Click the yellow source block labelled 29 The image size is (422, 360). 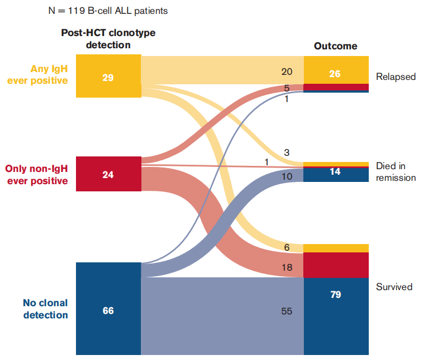pyautogui.click(x=108, y=77)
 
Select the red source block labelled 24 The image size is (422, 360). pyautogui.click(x=108, y=175)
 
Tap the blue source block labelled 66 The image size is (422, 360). pyautogui.click(x=108, y=310)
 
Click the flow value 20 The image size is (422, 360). pyautogui.click(x=287, y=71)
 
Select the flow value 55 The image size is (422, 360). pyautogui.click(x=287, y=312)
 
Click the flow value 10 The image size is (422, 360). pyautogui.click(x=287, y=176)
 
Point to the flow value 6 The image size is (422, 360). pyautogui.click(x=287, y=247)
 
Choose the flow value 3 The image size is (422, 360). pyautogui.click(x=287, y=152)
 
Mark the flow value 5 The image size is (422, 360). pyautogui.click(x=287, y=88)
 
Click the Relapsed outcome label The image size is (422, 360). pyautogui.click(x=395, y=77)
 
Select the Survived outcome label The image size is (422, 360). pyautogui.click(x=394, y=287)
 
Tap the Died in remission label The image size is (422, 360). pyautogui.click(x=395, y=172)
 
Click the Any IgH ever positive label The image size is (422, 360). pyautogui.click(x=38, y=75)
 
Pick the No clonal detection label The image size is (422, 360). pyautogui.click(x=45, y=309)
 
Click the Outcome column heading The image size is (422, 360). pyautogui.click(x=335, y=46)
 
